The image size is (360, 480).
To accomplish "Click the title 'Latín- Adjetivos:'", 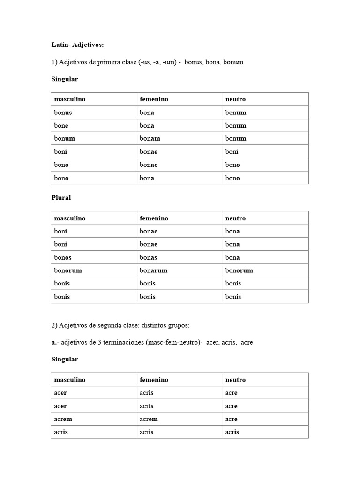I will (x=77, y=45).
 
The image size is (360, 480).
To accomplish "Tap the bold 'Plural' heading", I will (x=61, y=198).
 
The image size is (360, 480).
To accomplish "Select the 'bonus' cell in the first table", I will (x=63, y=112).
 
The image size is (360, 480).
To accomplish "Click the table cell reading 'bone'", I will (x=61, y=126).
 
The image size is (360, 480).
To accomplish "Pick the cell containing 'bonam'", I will (x=150, y=139).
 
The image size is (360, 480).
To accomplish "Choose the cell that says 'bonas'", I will (x=148, y=257).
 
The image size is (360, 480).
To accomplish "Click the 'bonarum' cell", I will (x=153, y=270).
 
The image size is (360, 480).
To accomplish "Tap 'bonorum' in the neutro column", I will (x=239, y=270).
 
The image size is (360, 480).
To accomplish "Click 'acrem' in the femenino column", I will (x=149, y=419).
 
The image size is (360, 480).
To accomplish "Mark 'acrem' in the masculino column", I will (x=63, y=419).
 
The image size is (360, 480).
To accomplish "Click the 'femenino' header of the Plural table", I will (x=154, y=218).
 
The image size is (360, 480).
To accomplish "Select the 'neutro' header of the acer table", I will (x=235, y=380).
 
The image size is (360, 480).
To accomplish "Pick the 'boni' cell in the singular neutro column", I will (x=232, y=152).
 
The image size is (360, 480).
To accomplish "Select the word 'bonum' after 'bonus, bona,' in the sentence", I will (x=234, y=62).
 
